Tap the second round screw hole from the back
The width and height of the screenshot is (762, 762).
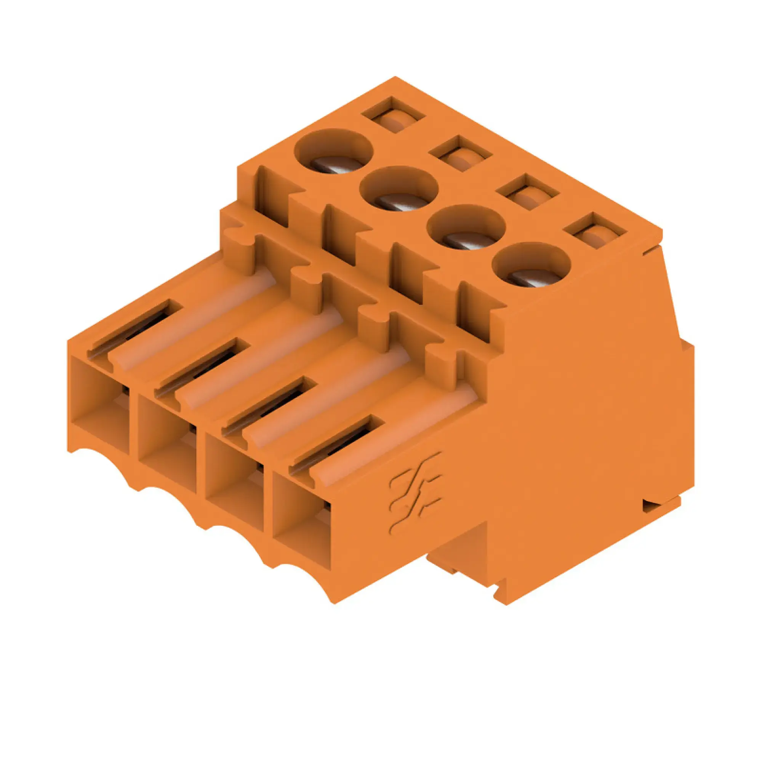(x=399, y=188)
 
